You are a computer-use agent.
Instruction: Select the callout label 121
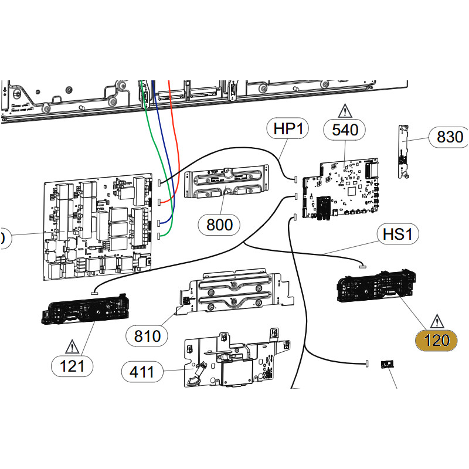(x=72, y=366)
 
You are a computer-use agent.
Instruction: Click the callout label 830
(x=449, y=138)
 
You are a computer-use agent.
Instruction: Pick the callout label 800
(x=219, y=224)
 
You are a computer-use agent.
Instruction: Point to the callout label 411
(x=142, y=371)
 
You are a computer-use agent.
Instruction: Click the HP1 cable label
(x=288, y=128)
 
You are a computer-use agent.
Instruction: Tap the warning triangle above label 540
(x=345, y=110)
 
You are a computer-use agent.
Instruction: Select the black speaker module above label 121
(x=84, y=307)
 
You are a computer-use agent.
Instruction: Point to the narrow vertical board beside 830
(x=403, y=151)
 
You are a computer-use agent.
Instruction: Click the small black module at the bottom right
(x=386, y=365)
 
